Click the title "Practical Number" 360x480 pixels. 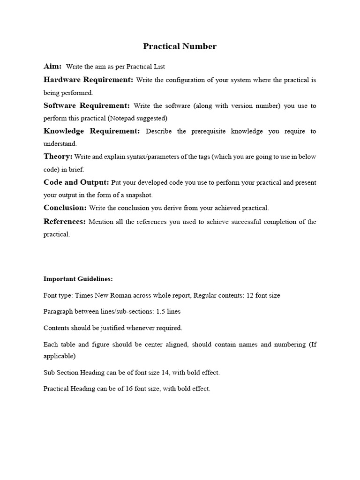point(180,46)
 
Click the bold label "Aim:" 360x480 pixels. point(52,67)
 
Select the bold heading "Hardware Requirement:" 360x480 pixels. point(88,80)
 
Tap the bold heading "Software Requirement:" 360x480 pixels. point(87,105)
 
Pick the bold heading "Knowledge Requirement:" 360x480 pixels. point(91,131)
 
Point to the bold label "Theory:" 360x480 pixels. point(58,157)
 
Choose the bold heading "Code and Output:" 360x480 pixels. point(76,182)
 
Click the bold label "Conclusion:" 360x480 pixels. point(65,208)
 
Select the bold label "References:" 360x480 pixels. point(65,221)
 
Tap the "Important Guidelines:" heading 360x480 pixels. point(78,279)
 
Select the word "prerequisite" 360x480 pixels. point(208,131)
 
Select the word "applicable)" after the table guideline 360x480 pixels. point(60,356)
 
